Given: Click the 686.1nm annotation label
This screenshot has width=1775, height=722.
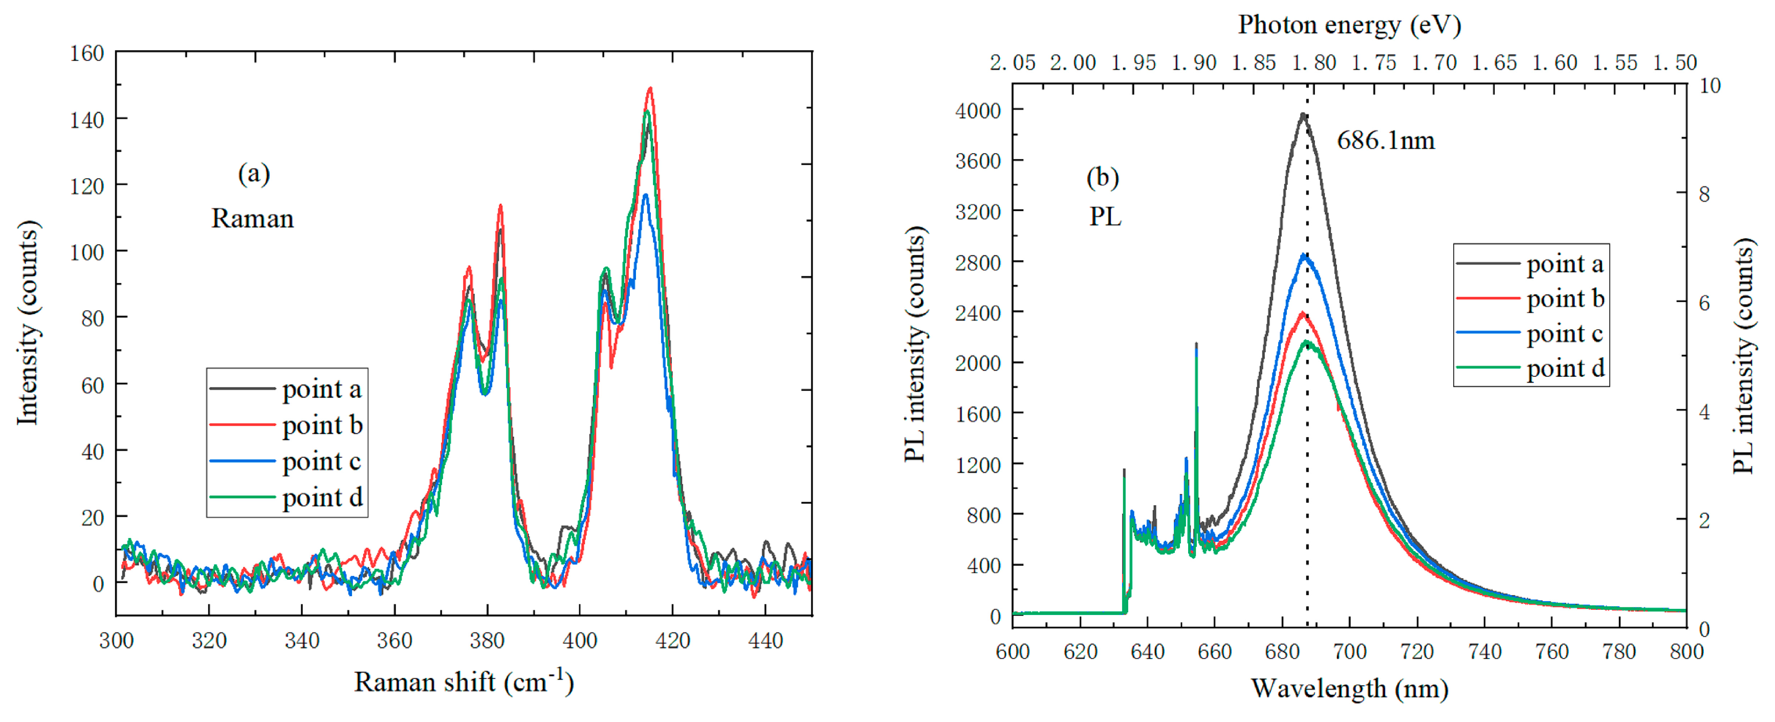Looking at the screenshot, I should point(1385,141).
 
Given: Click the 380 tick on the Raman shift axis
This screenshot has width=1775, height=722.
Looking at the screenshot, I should point(487,641).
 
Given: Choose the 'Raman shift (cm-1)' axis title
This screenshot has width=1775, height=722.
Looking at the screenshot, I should point(464,682).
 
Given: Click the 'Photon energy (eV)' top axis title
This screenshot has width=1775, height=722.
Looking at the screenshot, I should point(1349,25).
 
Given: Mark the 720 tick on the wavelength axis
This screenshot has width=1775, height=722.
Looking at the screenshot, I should point(1417,652).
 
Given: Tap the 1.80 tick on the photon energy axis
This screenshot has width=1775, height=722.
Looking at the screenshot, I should point(1313,63).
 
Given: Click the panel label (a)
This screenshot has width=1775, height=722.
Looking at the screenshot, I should point(254,173).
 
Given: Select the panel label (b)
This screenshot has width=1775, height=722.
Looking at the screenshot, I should point(1103,177).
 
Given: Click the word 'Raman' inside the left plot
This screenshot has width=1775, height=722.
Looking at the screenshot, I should point(252,219).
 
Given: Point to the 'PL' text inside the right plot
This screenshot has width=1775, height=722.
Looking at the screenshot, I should point(1105,217).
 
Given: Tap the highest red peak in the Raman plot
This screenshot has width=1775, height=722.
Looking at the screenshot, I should point(650,89).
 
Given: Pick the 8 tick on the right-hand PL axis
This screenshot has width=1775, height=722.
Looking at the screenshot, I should point(1703,195).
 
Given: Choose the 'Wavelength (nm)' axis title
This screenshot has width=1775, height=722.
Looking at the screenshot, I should point(1349,688).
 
